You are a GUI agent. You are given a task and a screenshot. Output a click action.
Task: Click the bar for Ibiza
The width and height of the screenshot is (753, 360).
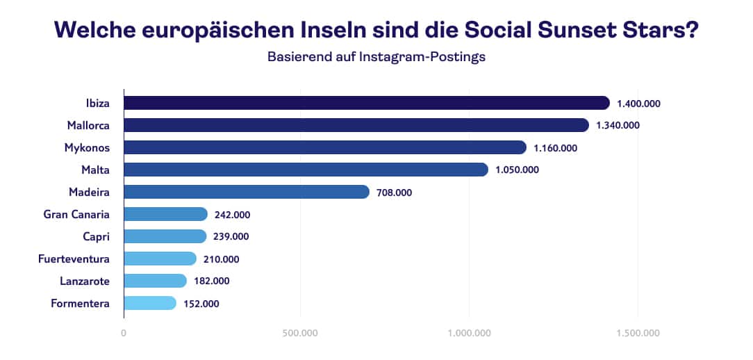pos(366,103)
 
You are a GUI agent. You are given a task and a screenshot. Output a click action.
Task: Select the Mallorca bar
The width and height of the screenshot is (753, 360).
pos(356,125)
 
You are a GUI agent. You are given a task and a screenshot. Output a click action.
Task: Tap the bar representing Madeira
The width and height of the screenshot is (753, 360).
pos(246,192)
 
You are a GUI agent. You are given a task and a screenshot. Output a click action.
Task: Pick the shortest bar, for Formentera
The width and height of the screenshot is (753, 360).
pos(149,303)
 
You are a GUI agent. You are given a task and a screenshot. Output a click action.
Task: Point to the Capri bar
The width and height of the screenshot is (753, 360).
pos(165,236)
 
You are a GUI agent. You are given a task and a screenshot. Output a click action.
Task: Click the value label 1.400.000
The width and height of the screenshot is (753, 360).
pos(638,104)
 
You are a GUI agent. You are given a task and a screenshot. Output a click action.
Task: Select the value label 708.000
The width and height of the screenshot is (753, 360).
pos(394,193)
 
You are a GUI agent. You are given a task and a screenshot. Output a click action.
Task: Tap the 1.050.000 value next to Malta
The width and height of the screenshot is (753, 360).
pos(517,170)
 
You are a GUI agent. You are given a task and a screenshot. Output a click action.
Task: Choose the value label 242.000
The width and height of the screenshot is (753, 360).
pos(232,215)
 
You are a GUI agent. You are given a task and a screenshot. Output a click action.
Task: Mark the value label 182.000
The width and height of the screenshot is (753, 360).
pos(211,281)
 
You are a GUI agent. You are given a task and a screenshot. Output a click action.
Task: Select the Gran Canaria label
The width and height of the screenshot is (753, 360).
pos(76,214)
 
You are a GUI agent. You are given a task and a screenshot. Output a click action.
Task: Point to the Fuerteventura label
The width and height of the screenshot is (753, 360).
pos(74,259)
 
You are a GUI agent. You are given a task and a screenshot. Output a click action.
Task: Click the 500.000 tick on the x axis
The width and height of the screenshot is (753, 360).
pos(300,334)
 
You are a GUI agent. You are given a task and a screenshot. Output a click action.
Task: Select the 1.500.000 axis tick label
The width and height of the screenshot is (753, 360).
pos(638,334)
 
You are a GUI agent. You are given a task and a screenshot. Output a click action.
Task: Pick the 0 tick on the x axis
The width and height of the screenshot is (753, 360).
pos(124,334)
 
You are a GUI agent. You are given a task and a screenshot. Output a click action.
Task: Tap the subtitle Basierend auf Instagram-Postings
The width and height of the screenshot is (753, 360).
pos(376,57)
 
